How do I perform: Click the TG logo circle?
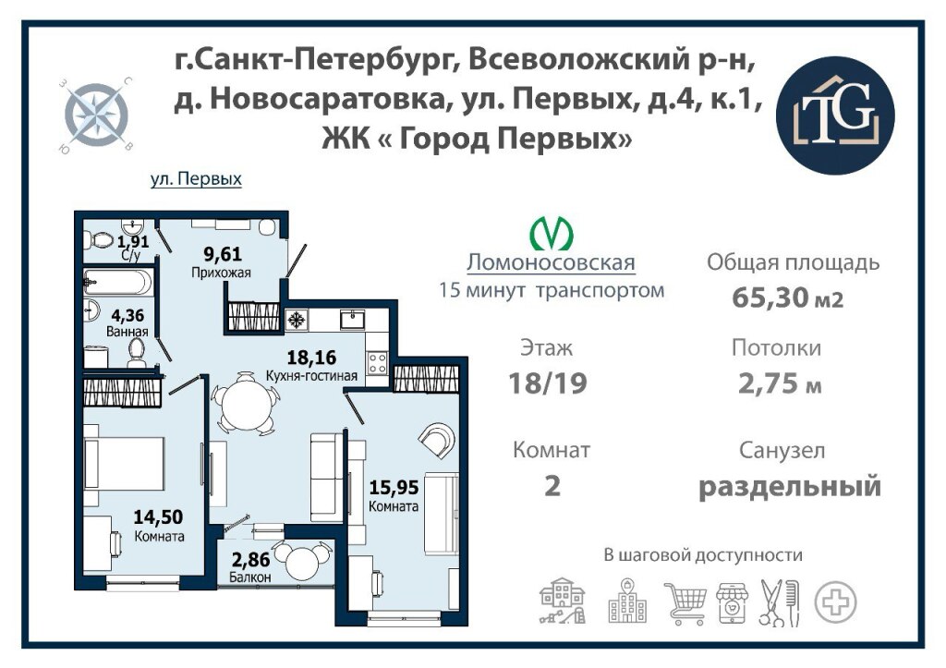coord(835,115)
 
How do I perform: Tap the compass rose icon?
coord(96,115)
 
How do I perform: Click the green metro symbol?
coord(552,233)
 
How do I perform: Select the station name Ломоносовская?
coord(551,262)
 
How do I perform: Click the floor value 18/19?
coord(547,383)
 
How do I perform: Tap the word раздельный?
coord(790,486)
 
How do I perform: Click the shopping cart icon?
coord(685,602)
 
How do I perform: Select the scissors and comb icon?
coord(779,602)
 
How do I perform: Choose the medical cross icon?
coord(835,602)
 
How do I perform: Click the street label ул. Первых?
coord(196,179)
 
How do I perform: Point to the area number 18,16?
coord(311,358)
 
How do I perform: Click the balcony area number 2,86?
coord(250,560)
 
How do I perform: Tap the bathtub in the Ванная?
coord(117,282)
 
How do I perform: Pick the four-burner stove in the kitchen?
coord(378,363)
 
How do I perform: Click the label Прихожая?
coord(221,273)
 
